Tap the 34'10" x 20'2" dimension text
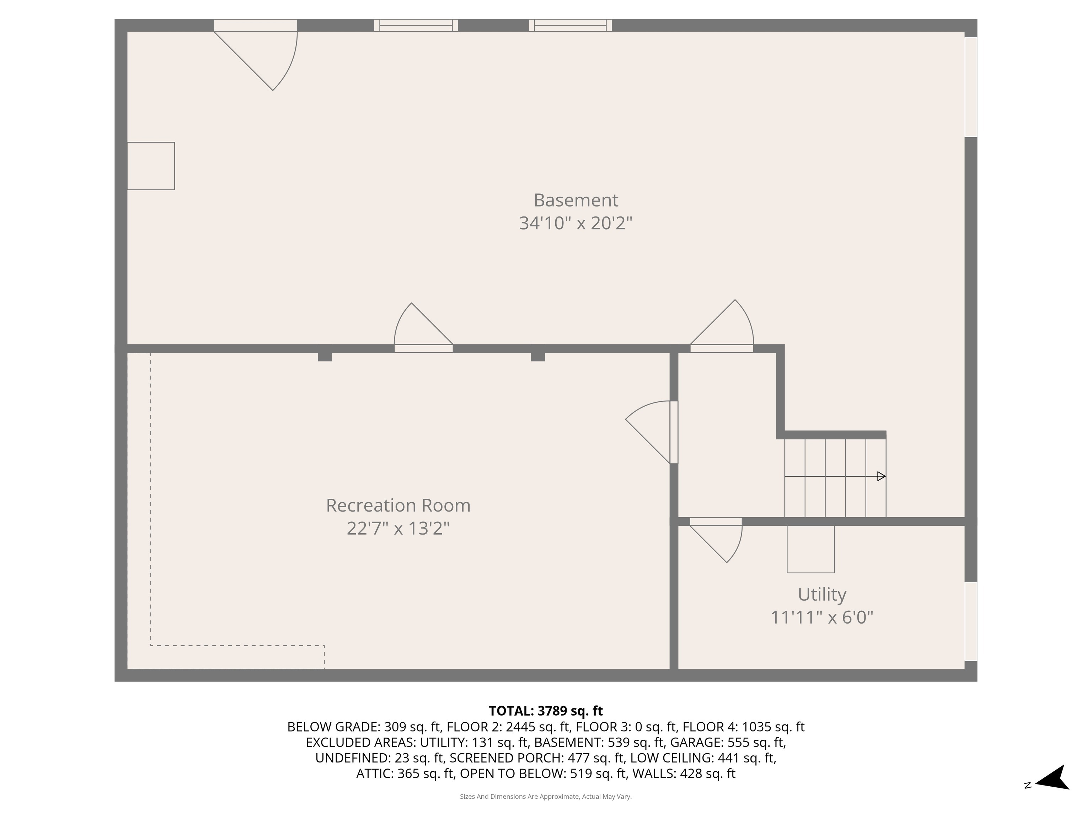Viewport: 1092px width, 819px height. tap(576, 223)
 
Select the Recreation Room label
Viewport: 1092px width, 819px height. tap(398, 505)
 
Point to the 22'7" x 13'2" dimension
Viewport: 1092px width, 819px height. tap(398, 528)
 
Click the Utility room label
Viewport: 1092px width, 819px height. tap(822, 594)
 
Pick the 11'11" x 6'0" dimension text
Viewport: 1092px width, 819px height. tap(822, 617)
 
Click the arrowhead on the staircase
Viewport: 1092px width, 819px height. tap(881, 476)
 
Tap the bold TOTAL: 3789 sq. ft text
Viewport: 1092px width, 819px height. tap(546, 711)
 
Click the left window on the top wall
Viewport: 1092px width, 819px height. tap(416, 25)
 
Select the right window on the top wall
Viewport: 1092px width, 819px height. tap(570, 25)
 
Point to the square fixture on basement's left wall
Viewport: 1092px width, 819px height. tap(151, 166)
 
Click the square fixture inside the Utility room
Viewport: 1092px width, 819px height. tap(810, 549)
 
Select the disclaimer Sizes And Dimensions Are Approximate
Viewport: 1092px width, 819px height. tap(546, 796)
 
